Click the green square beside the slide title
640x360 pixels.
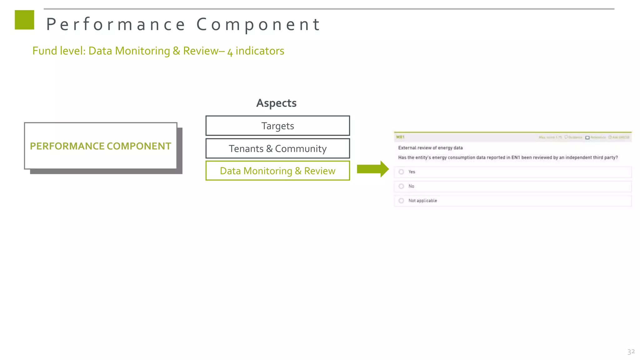24,20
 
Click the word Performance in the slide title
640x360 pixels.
116,24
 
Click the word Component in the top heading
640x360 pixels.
258,24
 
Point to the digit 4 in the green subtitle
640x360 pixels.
230,52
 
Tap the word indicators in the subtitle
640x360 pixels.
260,51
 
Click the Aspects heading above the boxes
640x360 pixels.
276,103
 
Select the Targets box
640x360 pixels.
277,126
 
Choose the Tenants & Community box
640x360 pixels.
277,149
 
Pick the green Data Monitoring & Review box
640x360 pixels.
277,171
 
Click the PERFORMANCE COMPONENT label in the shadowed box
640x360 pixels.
101,146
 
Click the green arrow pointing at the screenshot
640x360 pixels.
372,169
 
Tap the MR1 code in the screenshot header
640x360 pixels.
400,137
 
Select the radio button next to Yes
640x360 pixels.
402,172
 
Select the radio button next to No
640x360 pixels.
402,186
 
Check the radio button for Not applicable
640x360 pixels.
402,201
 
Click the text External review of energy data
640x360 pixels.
430,148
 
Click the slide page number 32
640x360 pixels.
631,352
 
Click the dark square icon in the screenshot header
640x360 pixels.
587,137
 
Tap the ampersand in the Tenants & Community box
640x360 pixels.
269,149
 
